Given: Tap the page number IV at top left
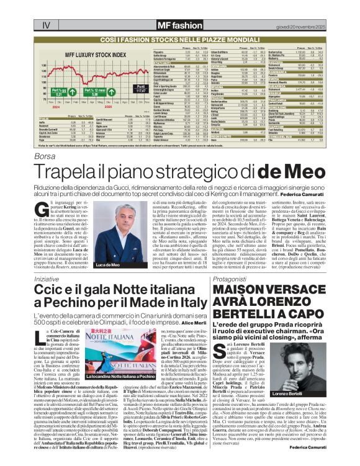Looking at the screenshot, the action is [x=45, y=8].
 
